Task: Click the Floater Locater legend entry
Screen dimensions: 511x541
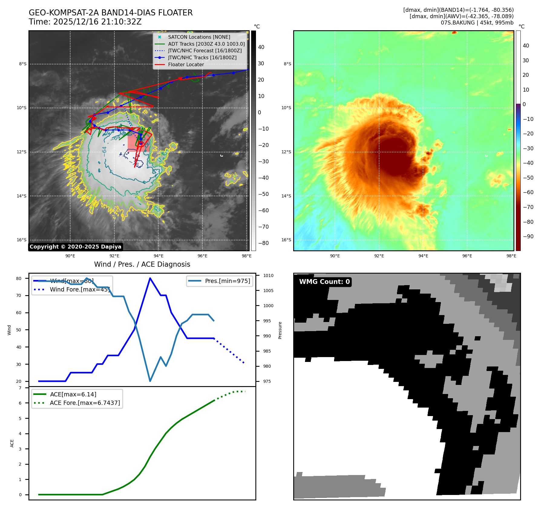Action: [186, 64]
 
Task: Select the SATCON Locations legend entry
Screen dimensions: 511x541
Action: [199, 37]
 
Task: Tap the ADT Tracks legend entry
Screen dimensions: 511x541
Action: [206, 44]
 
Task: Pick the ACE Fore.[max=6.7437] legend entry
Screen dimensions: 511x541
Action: [85, 403]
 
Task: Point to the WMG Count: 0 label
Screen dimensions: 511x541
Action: [324, 282]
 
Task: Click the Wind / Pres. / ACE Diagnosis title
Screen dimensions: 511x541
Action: [142, 264]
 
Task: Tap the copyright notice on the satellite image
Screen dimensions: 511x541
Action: [75, 247]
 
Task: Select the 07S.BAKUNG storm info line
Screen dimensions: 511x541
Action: [477, 23]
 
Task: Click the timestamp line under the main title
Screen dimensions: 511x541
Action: [85, 22]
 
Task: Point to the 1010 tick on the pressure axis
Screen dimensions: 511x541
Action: [268, 275]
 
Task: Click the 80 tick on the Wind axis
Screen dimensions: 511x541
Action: [19, 278]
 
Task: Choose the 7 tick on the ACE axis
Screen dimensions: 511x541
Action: [20, 388]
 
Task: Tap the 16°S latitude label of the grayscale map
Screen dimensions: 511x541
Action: [21, 240]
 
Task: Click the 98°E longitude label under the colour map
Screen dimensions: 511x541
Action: [511, 256]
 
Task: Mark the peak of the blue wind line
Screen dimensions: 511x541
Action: [150, 278]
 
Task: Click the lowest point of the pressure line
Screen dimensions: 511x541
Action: [150, 381]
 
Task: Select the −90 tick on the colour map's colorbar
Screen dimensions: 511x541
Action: [528, 236]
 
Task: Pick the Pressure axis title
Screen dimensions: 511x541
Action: [280, 330]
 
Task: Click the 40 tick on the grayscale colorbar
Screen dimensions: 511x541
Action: [261, 47]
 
